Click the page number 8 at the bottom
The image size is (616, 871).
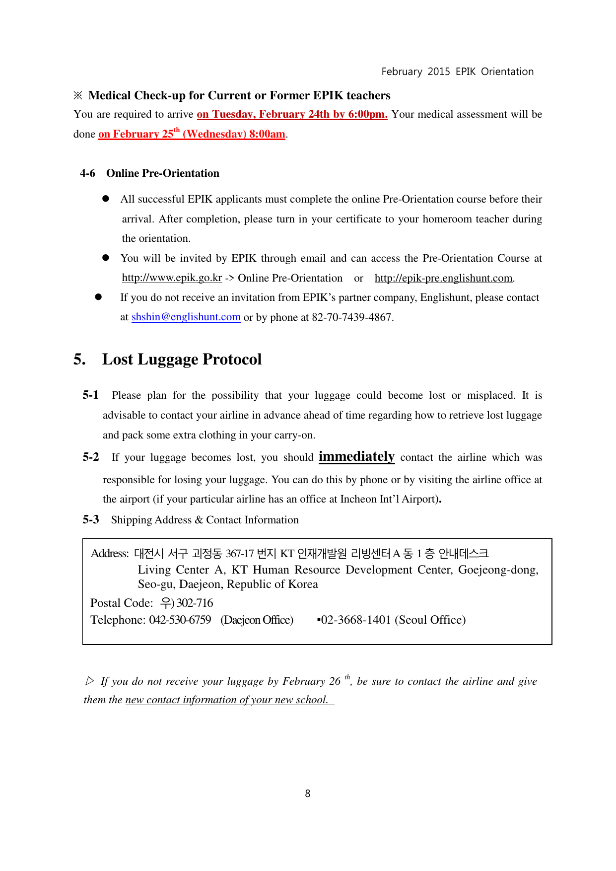[x=308, y=794]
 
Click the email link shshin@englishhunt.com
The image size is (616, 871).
[x=186, y=317]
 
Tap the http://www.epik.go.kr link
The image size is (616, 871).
[x=172, y=278]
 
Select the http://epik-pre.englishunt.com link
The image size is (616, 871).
[x=443, y=278]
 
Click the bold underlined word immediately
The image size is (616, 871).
[x=356, y=456]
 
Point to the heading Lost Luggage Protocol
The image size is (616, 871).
[x=182, y=359]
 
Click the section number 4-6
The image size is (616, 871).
[x=88, y=173]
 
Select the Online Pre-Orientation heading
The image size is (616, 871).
[x=163, y=173]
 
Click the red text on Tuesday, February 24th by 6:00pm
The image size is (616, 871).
[x=292, y=114]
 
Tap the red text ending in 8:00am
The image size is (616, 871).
[x=192, y=134]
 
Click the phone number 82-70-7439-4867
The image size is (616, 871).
[x=352, y=317]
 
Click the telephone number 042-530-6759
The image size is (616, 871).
[x=180, y=620]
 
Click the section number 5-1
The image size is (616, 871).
[x=90, y=395]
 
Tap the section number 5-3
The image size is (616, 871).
[x=90, y=520]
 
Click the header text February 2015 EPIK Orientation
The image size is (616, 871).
[x=457, y=72]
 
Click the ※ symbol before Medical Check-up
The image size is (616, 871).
[x=78, y=95]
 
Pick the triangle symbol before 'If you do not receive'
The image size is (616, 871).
[x=89, y=681]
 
